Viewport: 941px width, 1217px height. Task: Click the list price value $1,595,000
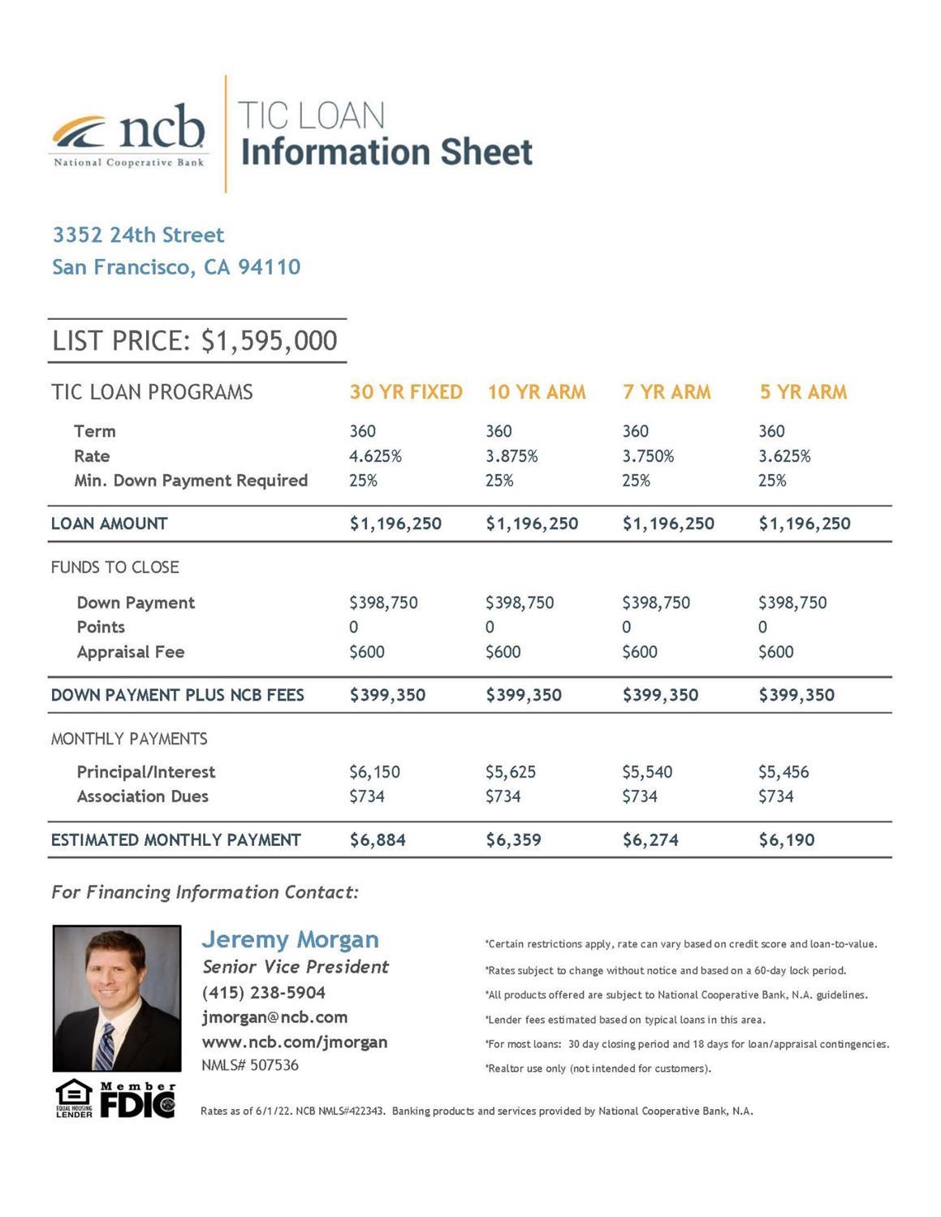tap(269, 341)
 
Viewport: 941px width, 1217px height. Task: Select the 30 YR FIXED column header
tap(405, 392)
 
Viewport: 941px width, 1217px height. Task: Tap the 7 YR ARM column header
tap(666, 392)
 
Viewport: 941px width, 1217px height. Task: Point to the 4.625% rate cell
tap(375, 456)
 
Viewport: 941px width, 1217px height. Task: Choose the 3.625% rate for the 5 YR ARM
tap(784, 456)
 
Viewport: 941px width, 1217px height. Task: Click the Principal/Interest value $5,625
tap(511, 772)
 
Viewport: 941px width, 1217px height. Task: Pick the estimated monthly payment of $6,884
tap(378, 840)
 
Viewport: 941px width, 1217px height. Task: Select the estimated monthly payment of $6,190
tap(786, 840)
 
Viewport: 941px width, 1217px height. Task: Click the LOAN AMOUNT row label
tap(109, 524)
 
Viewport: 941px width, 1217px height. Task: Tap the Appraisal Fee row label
tap(130, 652)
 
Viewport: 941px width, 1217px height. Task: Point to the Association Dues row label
tap(142, 796)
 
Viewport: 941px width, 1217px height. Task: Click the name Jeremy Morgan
tap(290, 939)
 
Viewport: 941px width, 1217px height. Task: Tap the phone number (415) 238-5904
tap(263, 993)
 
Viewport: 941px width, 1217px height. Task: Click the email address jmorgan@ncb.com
tap(274, 1017)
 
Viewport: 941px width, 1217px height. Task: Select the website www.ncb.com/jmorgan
tap(294, 1042)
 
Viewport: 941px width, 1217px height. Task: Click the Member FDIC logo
tap(137, 1100)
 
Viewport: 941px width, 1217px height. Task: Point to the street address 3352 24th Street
tap(138, 235)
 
